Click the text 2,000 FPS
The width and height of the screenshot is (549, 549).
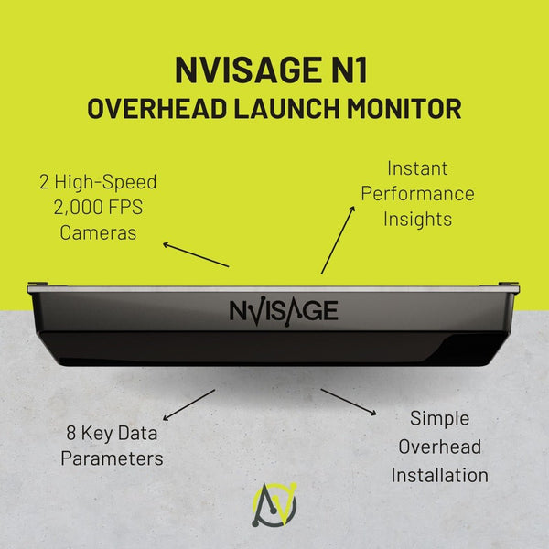click(x=98, y=207)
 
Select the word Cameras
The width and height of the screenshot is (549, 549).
click(x=98, y=232)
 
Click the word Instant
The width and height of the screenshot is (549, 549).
click(x=417, y=168)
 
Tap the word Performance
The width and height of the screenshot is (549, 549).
click(x=417, y=194)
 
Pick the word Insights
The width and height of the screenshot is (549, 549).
click(x=417, y=220)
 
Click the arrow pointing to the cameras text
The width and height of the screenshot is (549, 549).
click(x=195, y=254)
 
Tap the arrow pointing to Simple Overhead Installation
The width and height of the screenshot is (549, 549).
click(x=349, y=403)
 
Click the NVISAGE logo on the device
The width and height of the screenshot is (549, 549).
click(x=283, y=309)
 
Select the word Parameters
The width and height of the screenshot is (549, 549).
click(x=112, y=457)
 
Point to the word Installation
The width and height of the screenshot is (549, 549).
click(x=439, y=476)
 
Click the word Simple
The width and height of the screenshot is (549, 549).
click(x=439, y=418)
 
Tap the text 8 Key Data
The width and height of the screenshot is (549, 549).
click(x=112, y=431)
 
